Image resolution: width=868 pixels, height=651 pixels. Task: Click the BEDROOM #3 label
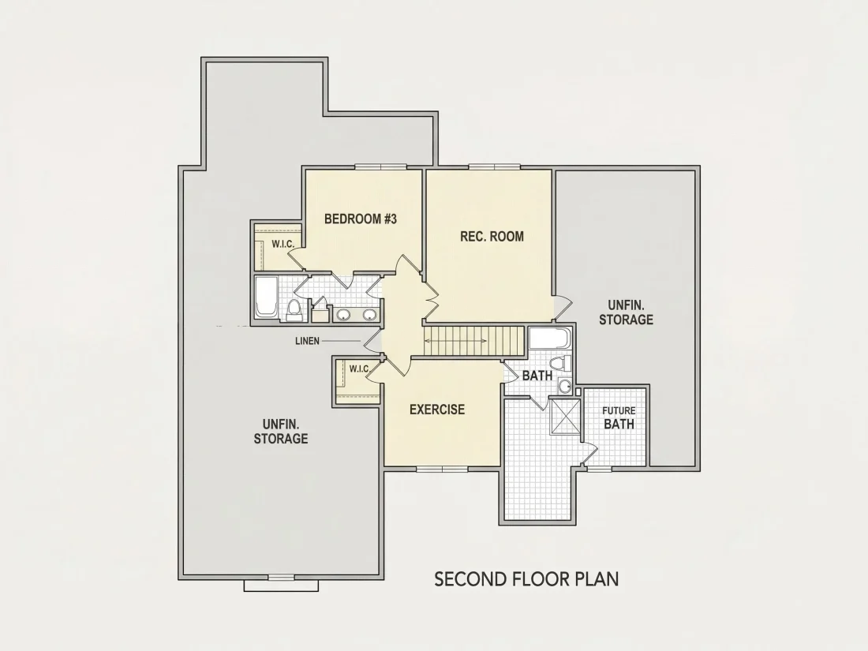(x=361, y=219)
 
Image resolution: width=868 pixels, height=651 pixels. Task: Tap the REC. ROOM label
(x=492, y=237)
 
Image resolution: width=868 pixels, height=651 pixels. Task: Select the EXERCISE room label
(x=437, y=410)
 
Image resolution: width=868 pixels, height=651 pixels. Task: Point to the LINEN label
(x=307, y=341)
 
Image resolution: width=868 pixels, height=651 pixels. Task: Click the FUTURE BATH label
(x=619, y=418)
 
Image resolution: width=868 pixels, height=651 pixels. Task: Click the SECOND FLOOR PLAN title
(x=526, y=579)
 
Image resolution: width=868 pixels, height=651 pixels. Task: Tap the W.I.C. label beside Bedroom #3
(x=282, y=244)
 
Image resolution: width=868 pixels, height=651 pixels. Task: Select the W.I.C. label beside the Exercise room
(x=359, y=369)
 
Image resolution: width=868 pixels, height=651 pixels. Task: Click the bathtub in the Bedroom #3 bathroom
(x=266, y=297)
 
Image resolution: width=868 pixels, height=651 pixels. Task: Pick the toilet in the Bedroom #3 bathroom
(x=294, y=310)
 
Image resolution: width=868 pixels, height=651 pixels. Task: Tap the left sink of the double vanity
(x=344, y=315)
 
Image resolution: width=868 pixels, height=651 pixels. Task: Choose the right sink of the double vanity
(x=369, y=315)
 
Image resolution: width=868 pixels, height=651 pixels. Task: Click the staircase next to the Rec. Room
(x=473, y=342)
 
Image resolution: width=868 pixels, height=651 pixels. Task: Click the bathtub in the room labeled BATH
(x=549, y=338)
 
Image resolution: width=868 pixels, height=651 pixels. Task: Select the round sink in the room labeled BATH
(x=565, y=386)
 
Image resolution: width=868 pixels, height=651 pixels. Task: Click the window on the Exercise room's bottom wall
(x=443, y=470)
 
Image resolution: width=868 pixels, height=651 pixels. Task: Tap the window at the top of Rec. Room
(x=494, y=166)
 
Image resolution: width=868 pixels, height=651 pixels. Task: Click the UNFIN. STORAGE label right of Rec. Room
(x=626, y=312)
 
